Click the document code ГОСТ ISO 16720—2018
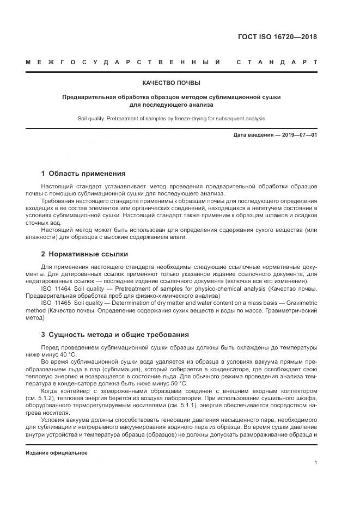coord(277,38)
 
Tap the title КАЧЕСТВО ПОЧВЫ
coord(171,83)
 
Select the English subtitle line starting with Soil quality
coord(171,118)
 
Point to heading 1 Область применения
coord(83,174)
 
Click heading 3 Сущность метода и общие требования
coord(115,334)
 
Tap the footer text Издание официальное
coord(57,453)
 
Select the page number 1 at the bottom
coord(316,462)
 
